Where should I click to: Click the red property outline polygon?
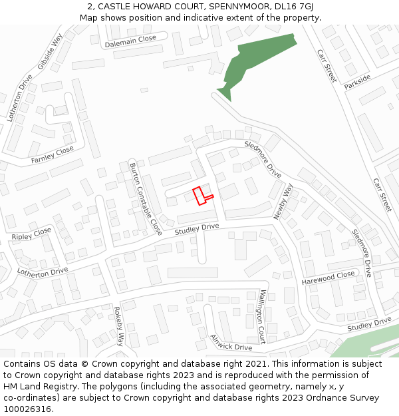pyautogui.click(x=200, y=196)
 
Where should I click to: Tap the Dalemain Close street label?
pyautogui.click(x=131, y=41)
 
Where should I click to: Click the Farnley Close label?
pyautogui.click(x=53, y=155)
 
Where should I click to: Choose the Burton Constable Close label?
pyautogui.click(x=146, y=198)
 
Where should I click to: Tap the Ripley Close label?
pyautogui.click(x=31, y=234)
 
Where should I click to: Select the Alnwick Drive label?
pyautogui.click(x=231, y=342)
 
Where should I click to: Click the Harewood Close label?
pyautogui.click(x=329, y=278)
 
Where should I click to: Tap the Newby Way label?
pyautogui.click(x=283, y=201)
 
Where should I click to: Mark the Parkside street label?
pyautogui.click(x=358, y=82)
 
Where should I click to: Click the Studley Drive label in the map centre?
pyautogui.click(x=197, y=230)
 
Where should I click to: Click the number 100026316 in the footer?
pyautogui.click(x=29, y=409)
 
